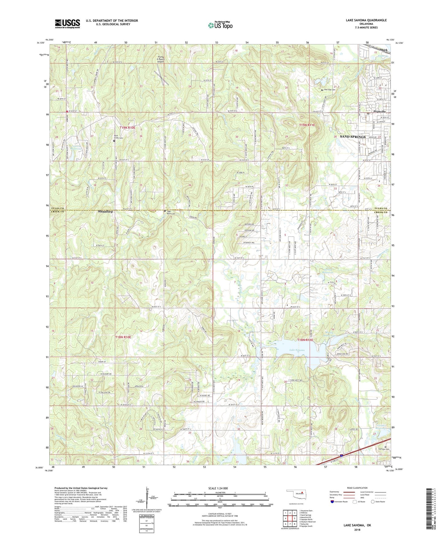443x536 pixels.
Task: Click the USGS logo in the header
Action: click(67, 24)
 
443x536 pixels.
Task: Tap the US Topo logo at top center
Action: click(220, 25)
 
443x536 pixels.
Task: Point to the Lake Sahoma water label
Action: click(297, 350)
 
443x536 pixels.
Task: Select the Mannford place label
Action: click(105, 212)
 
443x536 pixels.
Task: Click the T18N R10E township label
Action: click(123, 337)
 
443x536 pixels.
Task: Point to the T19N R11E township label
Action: click(307, 125)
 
